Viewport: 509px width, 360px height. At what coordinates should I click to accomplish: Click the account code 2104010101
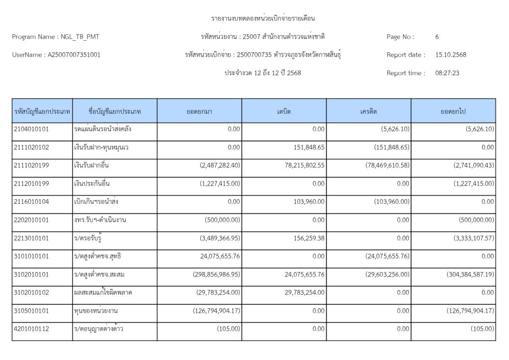coord(31,129)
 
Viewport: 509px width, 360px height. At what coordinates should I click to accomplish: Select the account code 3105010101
coord(31,311)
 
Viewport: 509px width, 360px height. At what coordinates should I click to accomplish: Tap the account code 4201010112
coord(31,329)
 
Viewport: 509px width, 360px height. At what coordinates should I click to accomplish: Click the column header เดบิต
coord(284,111)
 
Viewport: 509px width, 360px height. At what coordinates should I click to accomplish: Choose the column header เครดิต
coord(369,111)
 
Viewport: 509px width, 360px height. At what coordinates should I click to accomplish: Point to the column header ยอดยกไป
coord(453,111)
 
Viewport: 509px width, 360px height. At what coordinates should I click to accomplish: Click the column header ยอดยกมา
coord(200,111)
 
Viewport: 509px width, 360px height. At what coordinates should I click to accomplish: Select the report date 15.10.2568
coord(450,55)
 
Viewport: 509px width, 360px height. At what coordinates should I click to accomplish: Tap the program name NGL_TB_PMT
coord(83,37)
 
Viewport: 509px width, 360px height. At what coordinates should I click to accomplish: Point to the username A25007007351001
coord(74,55)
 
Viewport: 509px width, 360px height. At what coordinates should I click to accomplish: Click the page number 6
coord(437,37)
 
